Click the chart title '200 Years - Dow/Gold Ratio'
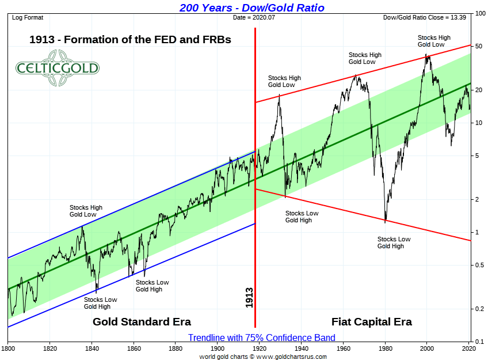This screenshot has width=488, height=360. tap(251, 7)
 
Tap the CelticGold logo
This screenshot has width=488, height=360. tap(57, 68)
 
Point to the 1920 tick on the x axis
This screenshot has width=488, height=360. tap(260, 348)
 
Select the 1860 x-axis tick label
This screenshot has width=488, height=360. tap(134, 348)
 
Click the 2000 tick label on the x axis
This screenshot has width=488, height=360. tap(427, 348)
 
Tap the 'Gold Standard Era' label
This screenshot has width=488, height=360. tap(142, 322)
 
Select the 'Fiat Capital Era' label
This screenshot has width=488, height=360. tap(371, 322)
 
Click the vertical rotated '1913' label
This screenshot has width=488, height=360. tap(249, 298)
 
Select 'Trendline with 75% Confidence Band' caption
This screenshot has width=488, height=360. tap(261, 338)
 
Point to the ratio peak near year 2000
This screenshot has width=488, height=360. tap(426, 55)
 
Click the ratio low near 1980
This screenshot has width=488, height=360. tap(385, 221)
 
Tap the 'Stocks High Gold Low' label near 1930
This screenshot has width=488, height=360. tap(284, 81)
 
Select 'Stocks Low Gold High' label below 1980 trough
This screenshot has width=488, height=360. tap(394, 242)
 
